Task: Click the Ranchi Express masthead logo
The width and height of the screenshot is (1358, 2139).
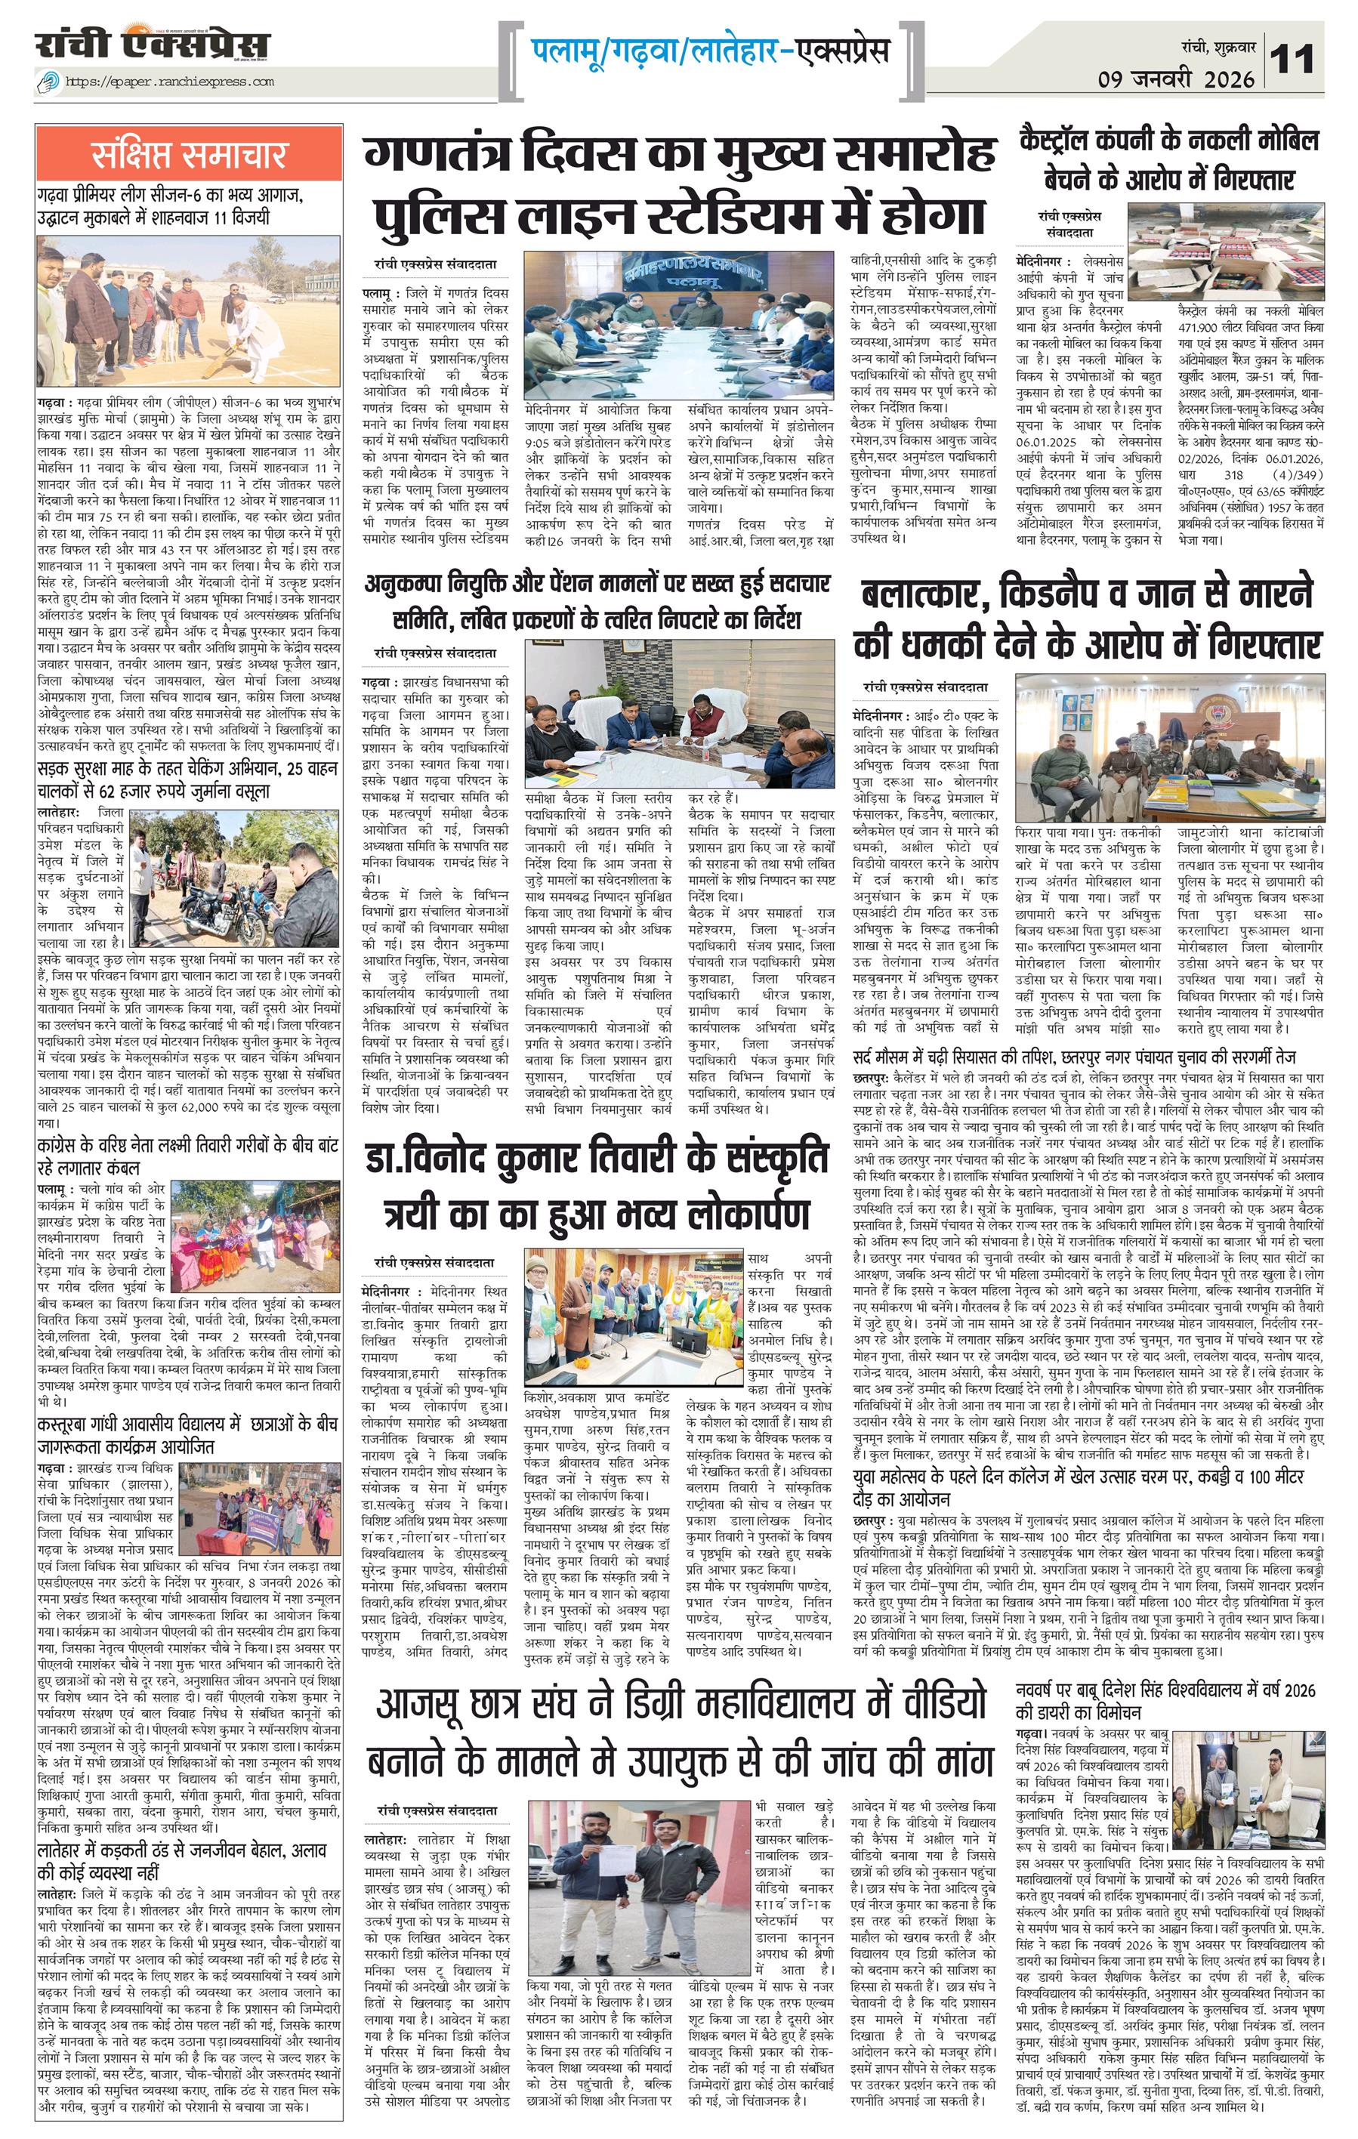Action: click(152, 45)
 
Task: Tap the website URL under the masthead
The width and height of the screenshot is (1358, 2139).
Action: click(168, 82)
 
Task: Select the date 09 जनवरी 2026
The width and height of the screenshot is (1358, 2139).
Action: click(1175, 79)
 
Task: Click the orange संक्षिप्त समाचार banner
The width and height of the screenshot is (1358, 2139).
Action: click(189, 155)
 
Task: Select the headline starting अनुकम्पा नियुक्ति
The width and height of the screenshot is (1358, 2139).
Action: click(597, 600)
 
